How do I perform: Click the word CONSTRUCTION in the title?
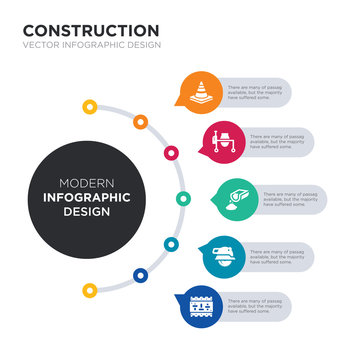tap(90, 31)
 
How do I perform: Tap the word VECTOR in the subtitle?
tap(40, 48)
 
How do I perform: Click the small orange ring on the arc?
tap(141, 122)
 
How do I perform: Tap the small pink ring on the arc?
tap(172, 153)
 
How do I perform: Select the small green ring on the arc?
tap(183, 198)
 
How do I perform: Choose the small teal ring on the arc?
tap(171, 243)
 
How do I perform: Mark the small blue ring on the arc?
tap(139, 275)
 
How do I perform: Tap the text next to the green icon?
tap(290, 198)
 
